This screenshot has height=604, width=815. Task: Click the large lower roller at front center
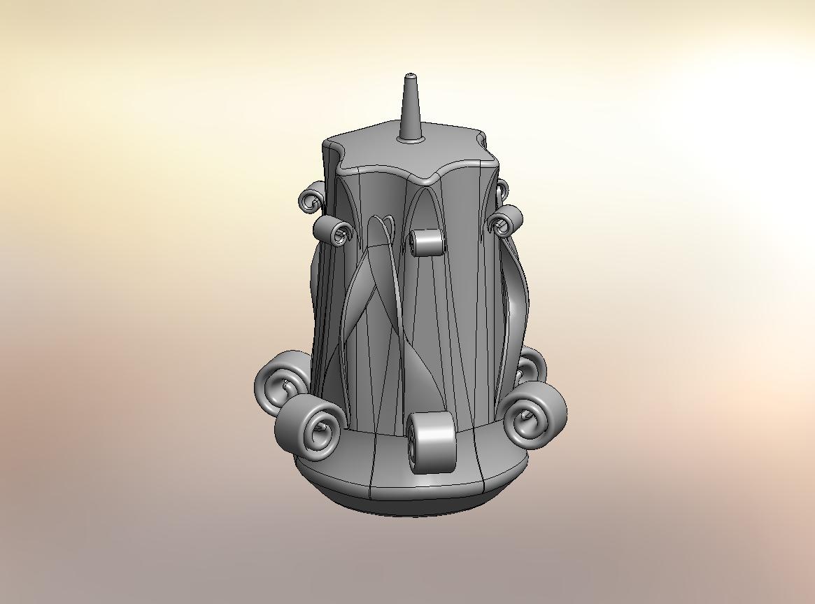point(430,442)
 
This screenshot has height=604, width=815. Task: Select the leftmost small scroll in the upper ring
point(311,201)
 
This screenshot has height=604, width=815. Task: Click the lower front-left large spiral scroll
point(311,427)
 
